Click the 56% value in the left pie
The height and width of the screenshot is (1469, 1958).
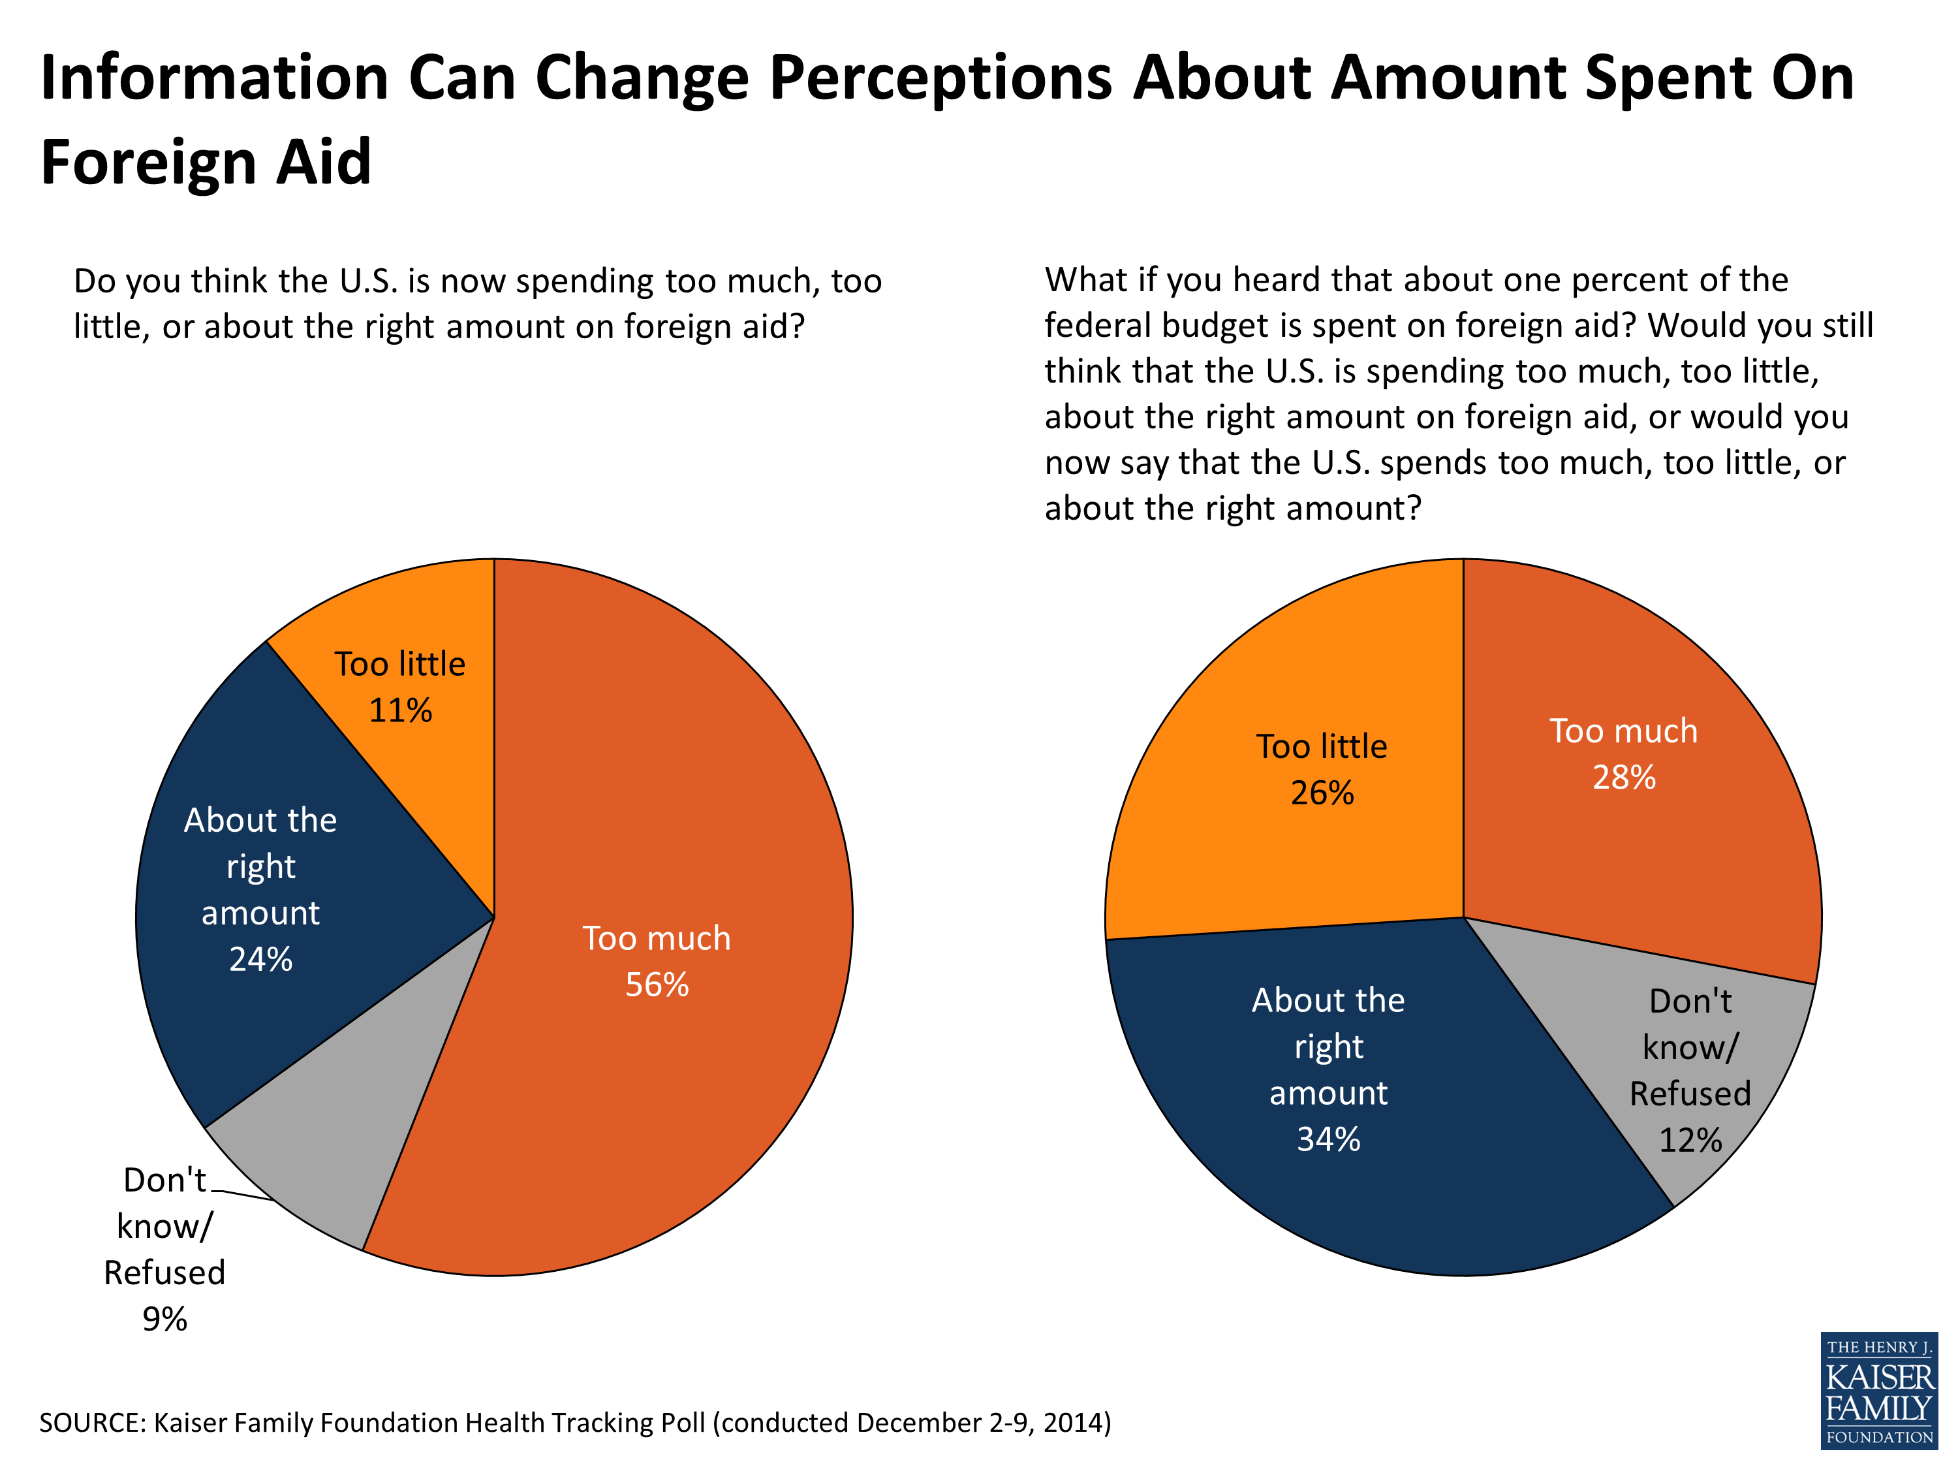pyautogui.click(x=656, y=985)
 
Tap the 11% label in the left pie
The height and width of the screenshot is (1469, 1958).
pyautogui.click(x=400, y=710)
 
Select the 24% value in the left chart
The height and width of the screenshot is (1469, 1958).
pyautogui.click(x=260, y=959)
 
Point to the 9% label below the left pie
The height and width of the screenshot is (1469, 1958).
pyautogui.click(x=164, y=1319)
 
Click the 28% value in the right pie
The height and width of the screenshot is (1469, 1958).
pyautogui.click(x=1623, y=778)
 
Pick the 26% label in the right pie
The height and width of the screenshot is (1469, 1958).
pyautogui.click(x=1322, y=793)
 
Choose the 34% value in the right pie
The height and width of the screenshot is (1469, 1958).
pyautogui.click(x=1328, y=1139)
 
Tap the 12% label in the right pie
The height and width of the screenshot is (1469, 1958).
pyautogui.click(x=1690, y=1139)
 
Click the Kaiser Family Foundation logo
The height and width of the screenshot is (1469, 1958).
pyautogui.click(x=1878, y=1390)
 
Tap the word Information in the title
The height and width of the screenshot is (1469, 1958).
pyautogui.click(x=214, y=78)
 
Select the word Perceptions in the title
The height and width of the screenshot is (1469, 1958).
pyautogui.click(x=940, y=78)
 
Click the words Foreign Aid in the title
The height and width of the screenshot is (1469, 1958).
pyautogui.click(x=206, y=163)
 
